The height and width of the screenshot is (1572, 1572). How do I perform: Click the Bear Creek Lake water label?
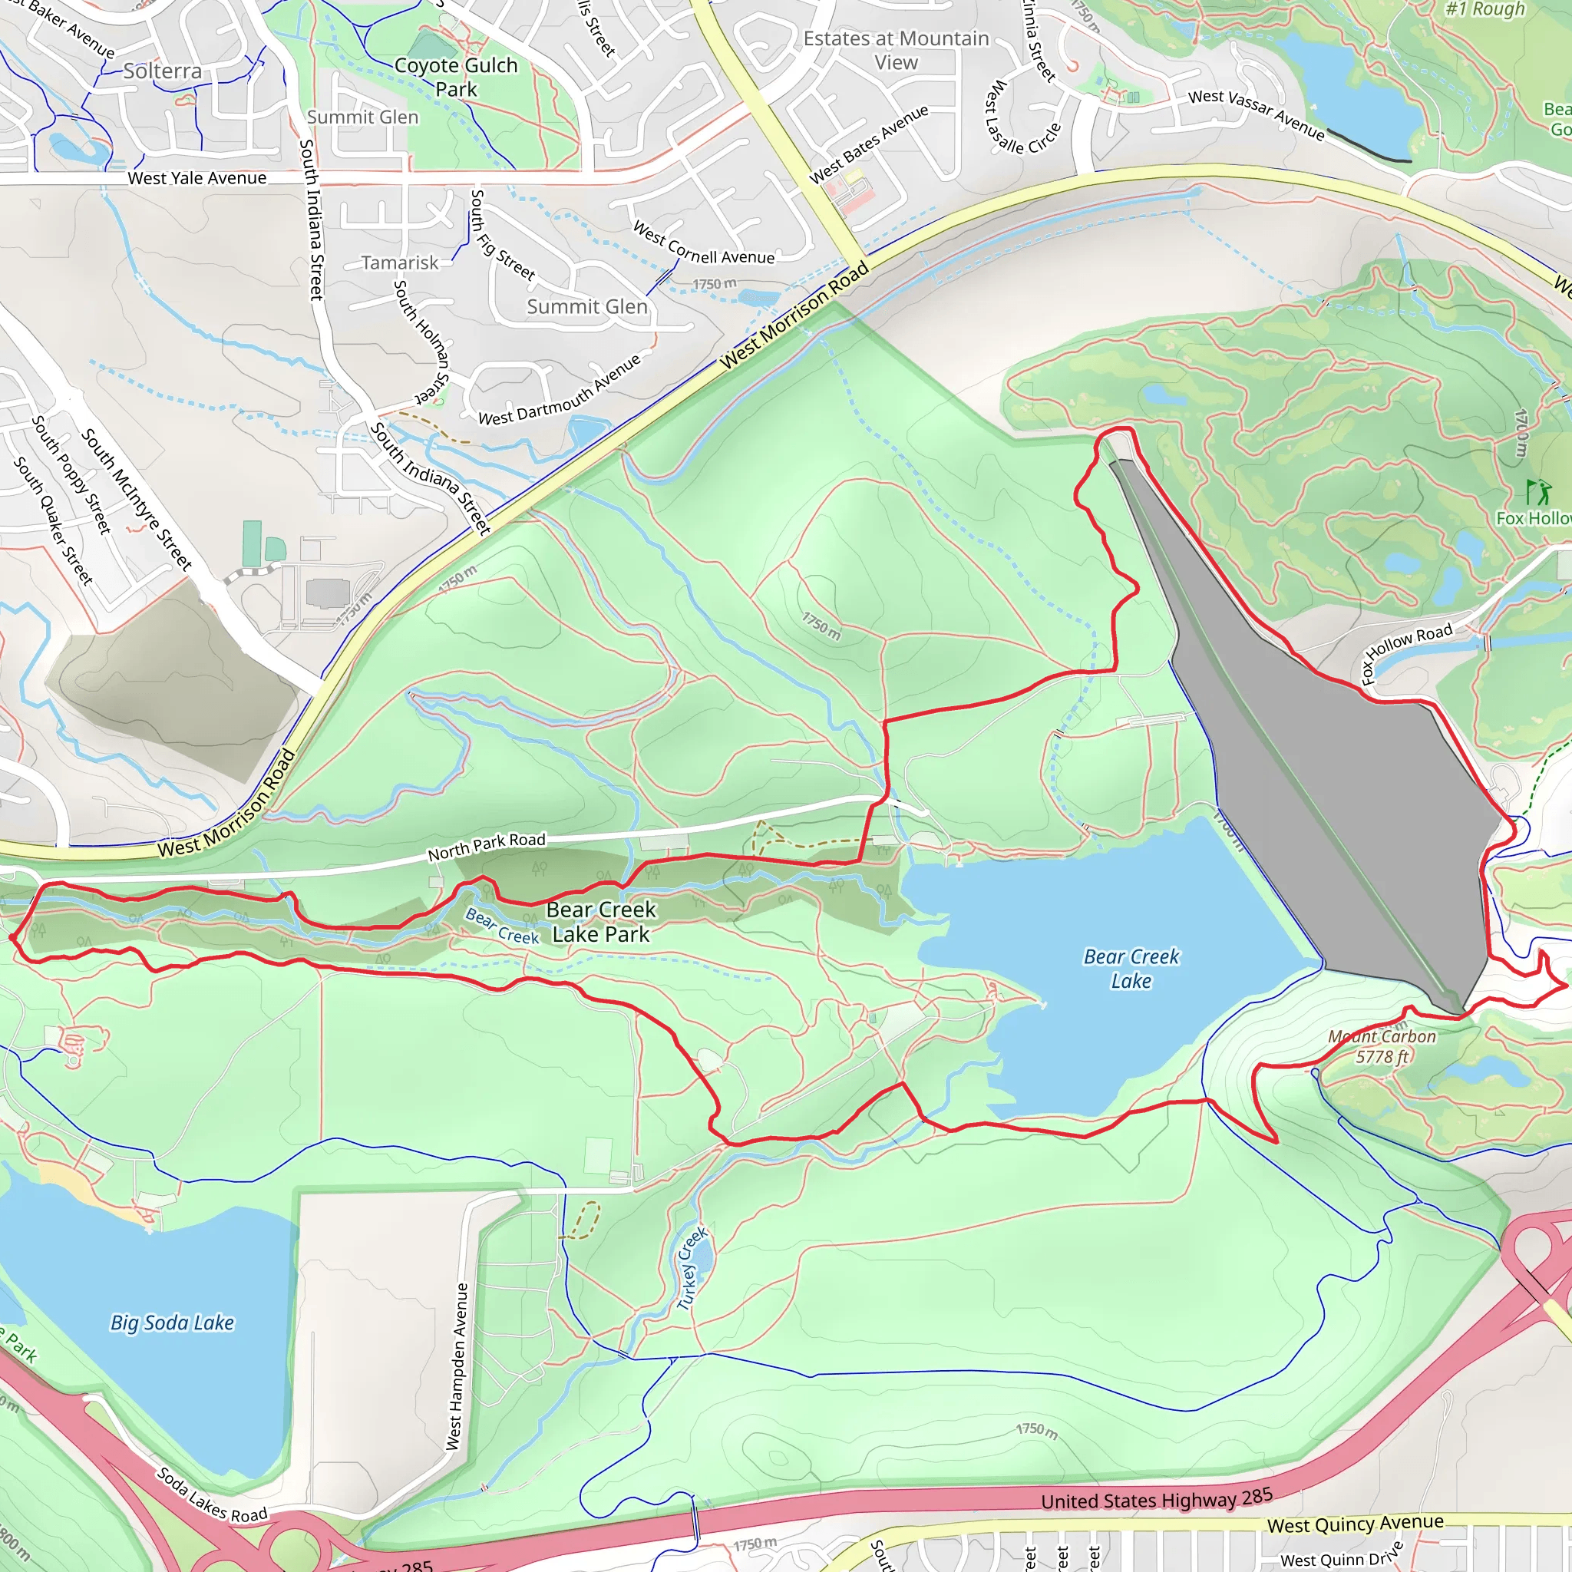click(1131, 968)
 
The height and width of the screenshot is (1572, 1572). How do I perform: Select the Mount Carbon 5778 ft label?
click(1382, 1046)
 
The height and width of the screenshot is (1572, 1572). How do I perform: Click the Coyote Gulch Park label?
click(456, 77)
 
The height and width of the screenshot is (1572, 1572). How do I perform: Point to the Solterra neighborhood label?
click(163, 71)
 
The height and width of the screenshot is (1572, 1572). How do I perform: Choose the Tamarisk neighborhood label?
click(399, 263)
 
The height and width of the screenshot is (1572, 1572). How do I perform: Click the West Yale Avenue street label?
click(197, 177)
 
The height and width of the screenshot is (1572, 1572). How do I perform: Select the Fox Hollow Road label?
click(1407, 653)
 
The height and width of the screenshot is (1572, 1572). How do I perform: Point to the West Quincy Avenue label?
click(1355, 1523)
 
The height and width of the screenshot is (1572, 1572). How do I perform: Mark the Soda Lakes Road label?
click(212, 1493)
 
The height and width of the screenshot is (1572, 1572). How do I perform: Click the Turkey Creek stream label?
click(692, 1269)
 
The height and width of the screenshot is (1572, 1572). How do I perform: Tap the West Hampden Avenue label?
click(457, 1366)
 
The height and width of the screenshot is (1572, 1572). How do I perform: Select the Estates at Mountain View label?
click(896, 50)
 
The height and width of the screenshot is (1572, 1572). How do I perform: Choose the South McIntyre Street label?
click(136, 499)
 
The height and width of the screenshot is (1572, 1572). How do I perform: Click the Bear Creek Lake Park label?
click(600, 922)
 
